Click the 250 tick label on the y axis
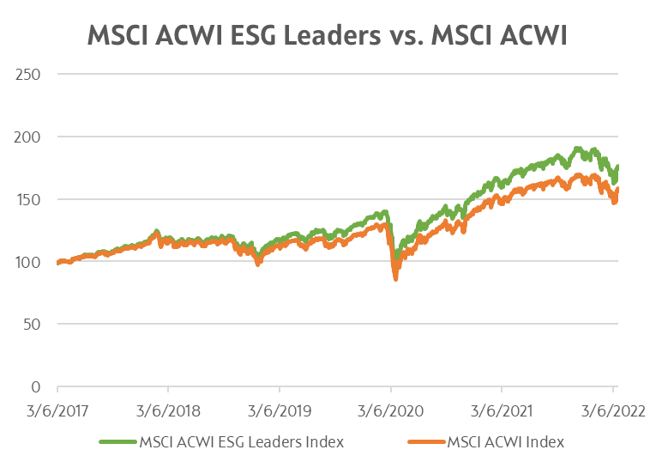[x=28, y=74]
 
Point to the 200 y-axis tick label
[x=28, y=137]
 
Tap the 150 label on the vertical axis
[x=28, y=199]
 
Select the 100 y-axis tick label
[x=28, y=262]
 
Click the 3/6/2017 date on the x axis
[x=57, y=410]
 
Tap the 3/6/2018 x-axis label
[x=168, y=410]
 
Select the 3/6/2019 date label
[x=280, y=410]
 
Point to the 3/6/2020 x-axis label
[x=391, y=410]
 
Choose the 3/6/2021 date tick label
[x=502, y=410]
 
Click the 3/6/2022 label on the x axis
[x=613, y=410]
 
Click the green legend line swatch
[x=117, y=442]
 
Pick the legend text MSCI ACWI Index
[x=504, y=442]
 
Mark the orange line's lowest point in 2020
[x=395, y=278]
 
